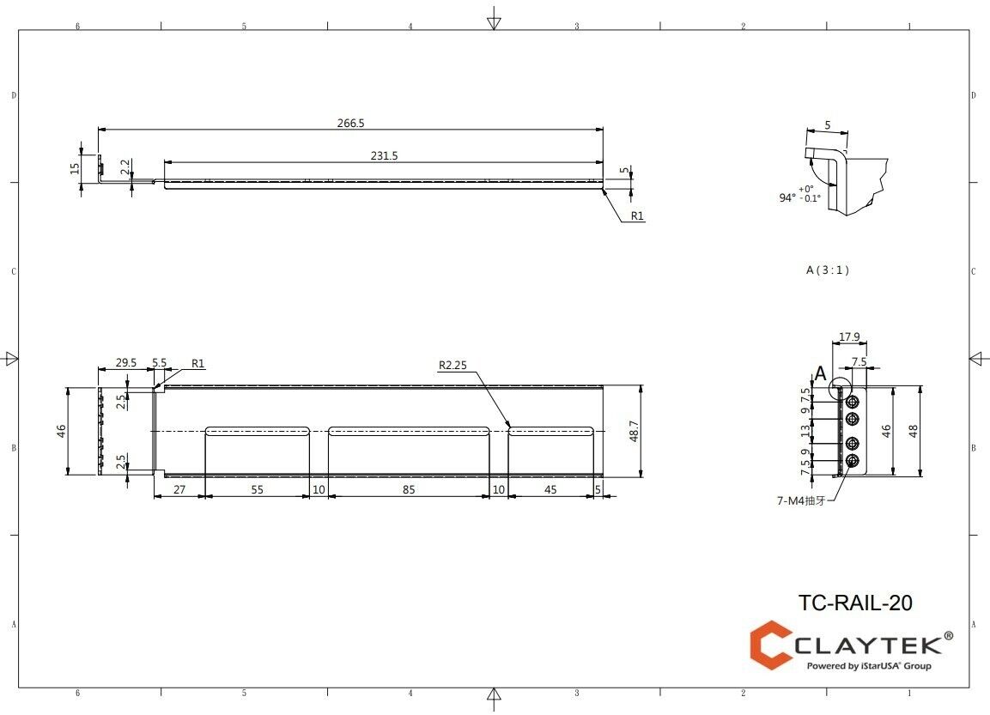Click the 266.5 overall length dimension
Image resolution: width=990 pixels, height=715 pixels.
tap(350, 124)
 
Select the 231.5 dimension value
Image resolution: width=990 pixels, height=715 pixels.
tap(384, 155)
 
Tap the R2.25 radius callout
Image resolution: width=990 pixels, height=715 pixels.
tap(453, 365)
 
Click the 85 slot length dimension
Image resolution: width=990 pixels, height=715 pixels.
tap(409, 489)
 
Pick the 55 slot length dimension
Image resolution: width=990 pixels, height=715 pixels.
tap(257, 489)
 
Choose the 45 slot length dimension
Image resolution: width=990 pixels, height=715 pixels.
tap(550, 489)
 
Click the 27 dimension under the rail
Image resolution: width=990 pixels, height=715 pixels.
tap(179, 489)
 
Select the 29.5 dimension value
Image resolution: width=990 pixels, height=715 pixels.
tap(126, 363)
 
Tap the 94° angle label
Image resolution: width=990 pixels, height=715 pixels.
tap(787, 197)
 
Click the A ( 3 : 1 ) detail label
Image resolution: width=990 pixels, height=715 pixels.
tap(827, 270)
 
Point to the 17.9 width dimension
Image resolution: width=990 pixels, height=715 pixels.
tap(849, 336)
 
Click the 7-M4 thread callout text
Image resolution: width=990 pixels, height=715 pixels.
tap(800, 500)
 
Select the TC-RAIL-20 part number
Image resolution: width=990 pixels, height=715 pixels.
tap(854, 603)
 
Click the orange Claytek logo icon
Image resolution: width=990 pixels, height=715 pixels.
tap(771, 645)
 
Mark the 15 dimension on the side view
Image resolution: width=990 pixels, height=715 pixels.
tap(75, 168)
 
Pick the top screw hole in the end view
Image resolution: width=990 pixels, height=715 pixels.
tap(853, 402)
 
